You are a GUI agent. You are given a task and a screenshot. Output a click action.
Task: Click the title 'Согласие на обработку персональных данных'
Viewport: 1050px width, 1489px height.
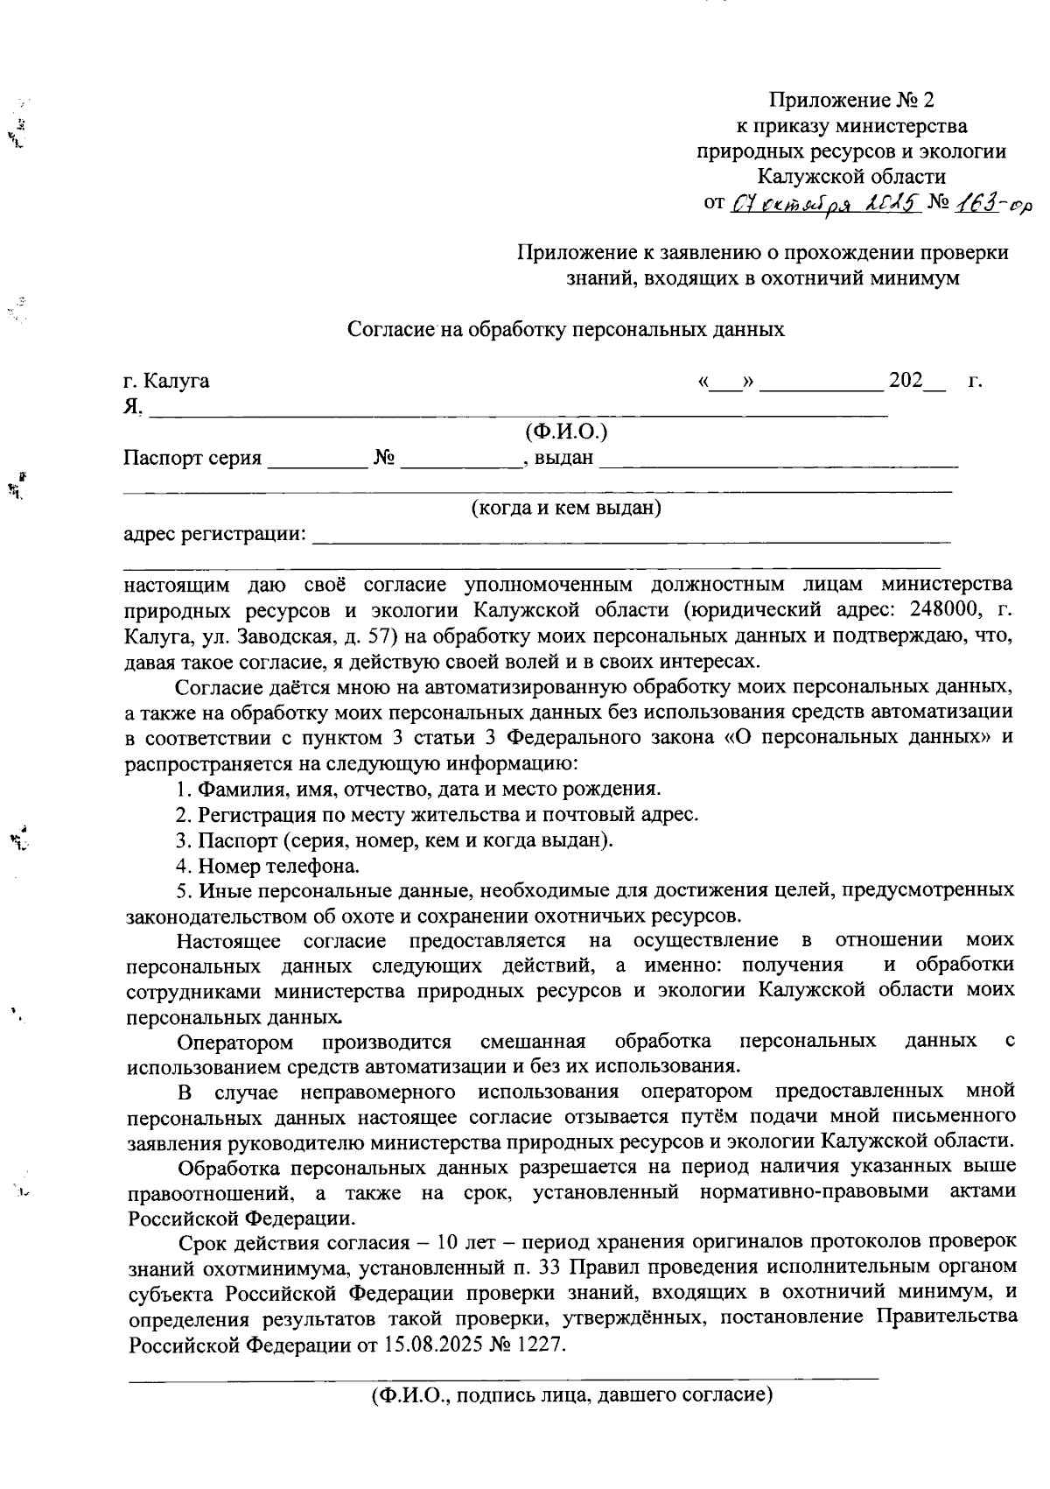coord(565,330)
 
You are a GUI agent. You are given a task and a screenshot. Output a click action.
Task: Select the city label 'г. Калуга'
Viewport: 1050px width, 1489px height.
coord(166,382)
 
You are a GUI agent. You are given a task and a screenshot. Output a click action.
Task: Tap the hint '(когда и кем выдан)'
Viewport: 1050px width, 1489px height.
coord(565,509)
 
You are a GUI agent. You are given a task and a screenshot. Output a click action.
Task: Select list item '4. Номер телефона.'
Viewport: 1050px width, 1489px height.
coord(267,867)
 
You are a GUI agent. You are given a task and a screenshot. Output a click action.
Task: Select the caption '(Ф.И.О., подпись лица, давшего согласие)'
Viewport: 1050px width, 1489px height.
coord(570,1395)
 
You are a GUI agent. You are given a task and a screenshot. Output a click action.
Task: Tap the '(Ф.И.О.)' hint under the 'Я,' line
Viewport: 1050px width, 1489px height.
coord(565,432)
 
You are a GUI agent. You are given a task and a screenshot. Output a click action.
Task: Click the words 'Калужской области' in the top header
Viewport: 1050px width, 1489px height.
coord(850,177)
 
